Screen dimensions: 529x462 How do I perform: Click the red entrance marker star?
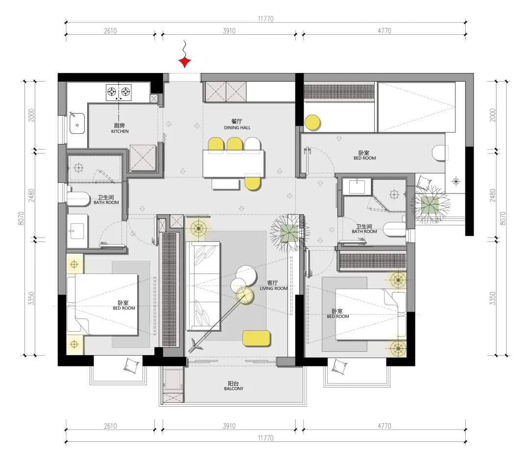185,62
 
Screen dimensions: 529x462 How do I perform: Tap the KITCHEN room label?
120,131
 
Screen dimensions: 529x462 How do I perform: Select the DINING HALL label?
237,127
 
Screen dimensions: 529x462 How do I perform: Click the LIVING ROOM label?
274,289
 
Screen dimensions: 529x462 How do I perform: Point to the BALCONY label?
234,389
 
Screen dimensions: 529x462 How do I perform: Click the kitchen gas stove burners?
119,92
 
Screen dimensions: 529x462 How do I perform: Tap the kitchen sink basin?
77,123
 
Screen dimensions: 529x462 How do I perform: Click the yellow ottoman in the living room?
256,338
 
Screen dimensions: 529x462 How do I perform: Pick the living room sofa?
203,286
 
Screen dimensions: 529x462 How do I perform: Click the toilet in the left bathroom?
78,199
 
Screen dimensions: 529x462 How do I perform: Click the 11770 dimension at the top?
265,19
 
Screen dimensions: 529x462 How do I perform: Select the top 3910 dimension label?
229,31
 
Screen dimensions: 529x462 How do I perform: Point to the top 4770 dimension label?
385,31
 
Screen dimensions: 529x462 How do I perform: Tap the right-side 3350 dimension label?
493,298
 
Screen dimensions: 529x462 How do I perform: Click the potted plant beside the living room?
289,233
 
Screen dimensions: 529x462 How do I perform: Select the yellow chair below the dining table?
252,183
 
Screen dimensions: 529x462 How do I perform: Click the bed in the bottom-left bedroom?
102,304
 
